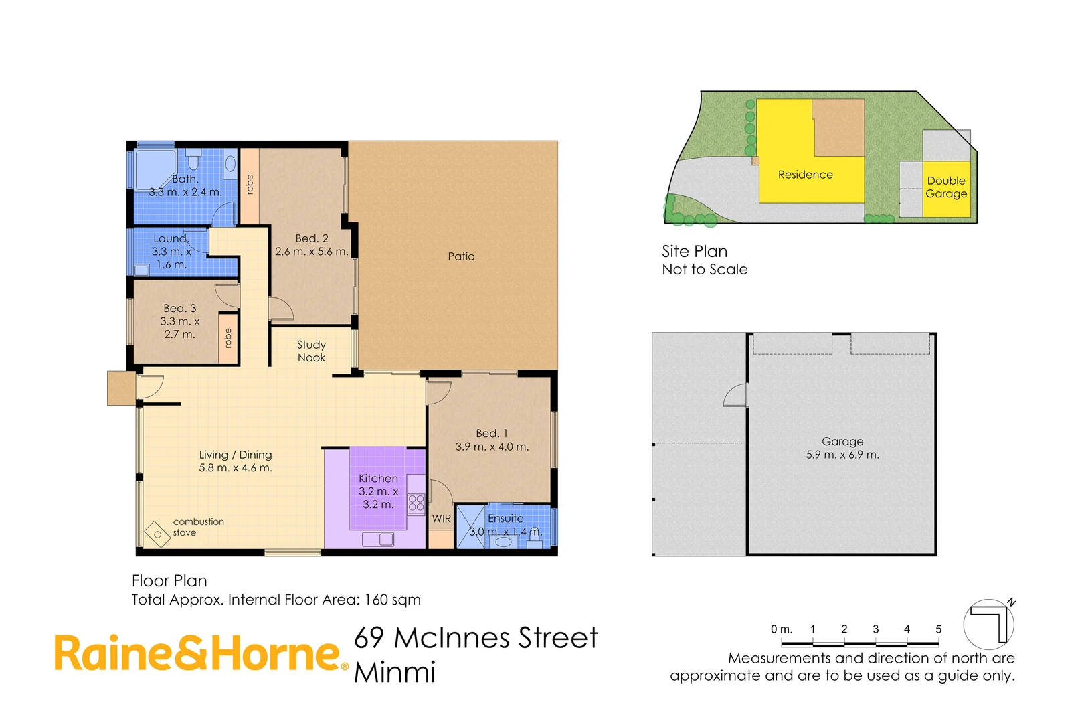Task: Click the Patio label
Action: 461,256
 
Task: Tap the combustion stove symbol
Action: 157,534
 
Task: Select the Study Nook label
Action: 311,351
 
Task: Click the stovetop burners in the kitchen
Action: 416,503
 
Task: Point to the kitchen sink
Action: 378,539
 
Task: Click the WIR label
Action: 441,519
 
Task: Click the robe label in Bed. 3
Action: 228,338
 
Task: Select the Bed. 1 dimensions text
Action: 492,447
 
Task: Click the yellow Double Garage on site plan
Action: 946,188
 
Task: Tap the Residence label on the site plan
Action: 805,175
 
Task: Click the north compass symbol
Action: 989,624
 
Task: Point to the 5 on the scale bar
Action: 938,629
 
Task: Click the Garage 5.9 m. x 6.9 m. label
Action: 842,448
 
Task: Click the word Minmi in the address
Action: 395,673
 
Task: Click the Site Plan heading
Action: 695,252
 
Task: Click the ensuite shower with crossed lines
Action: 470,528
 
